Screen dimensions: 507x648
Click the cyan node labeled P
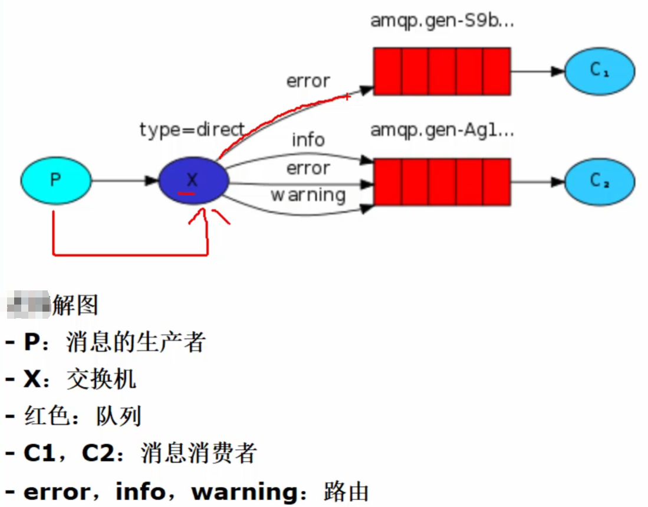click(x=56, y=180)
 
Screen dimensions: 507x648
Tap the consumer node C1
click(x=600, y=71)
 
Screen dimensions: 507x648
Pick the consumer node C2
click(x=600, y=181)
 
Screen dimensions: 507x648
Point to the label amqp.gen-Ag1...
click(x=442, y=130)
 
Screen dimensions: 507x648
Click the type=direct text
click(x=192, y=129)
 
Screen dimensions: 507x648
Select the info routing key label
click(x=308, y=140)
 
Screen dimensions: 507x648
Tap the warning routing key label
click(x=308, y=194)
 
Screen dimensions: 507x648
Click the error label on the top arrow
click(x=308, y=81)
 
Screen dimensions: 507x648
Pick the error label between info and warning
click(x=308, y=168)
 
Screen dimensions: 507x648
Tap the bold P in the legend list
click(x=31, y=342)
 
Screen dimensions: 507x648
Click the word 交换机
click(x=101, y=379)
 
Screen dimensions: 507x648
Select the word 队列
click(x=119, y=417)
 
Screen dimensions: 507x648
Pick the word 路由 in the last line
click(x=346, y=491)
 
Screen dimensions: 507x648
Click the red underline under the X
click(x=187, y=193)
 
